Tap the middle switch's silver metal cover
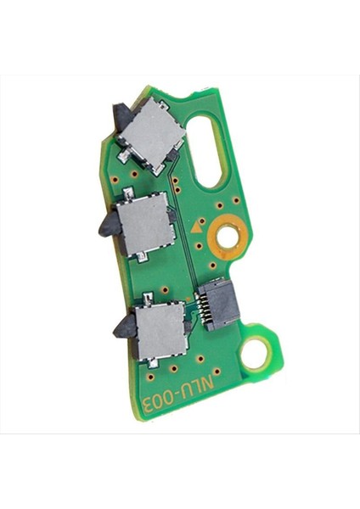145,223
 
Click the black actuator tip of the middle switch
107,226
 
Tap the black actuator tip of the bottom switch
121,324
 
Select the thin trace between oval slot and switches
181,221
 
